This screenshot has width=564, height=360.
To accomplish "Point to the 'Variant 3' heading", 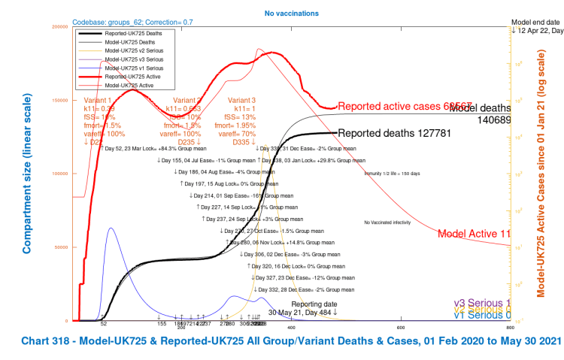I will pyautogui.click(x=242, y=100).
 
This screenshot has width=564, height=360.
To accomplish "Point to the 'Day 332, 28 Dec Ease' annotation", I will pyautogui.click(x=298, y=289).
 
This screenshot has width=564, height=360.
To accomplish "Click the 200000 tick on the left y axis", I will pyautogui.click(x=61, y=27).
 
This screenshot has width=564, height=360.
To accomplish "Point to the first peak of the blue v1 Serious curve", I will pyautogui.click(x=111, y=228).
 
